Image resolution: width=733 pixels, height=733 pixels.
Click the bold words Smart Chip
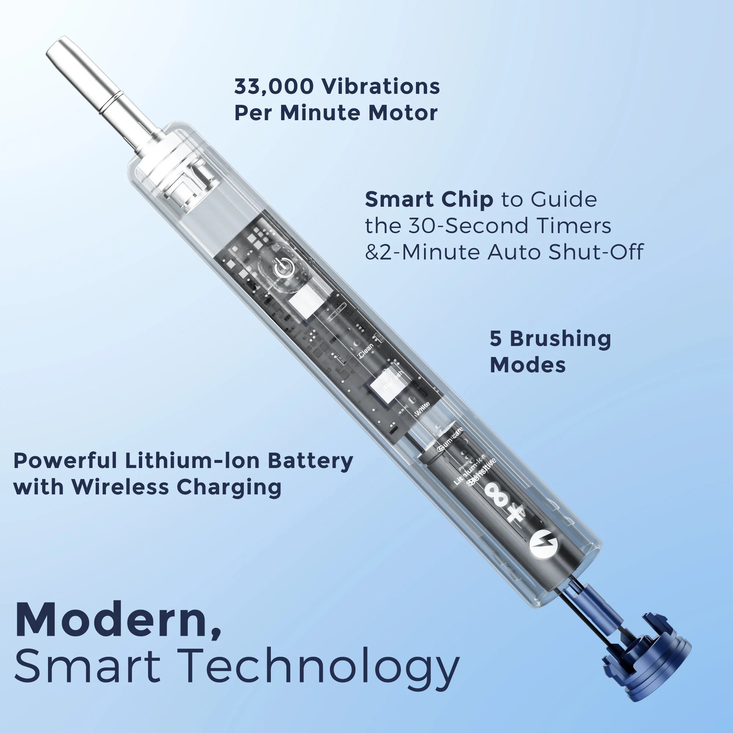click(x=429, y=200)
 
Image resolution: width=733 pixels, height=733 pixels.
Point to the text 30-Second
click(x=471, y=226)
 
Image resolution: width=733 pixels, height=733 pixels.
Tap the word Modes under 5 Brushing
click(x=528, y=365)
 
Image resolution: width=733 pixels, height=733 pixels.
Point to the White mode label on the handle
click(x=422, y=409)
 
